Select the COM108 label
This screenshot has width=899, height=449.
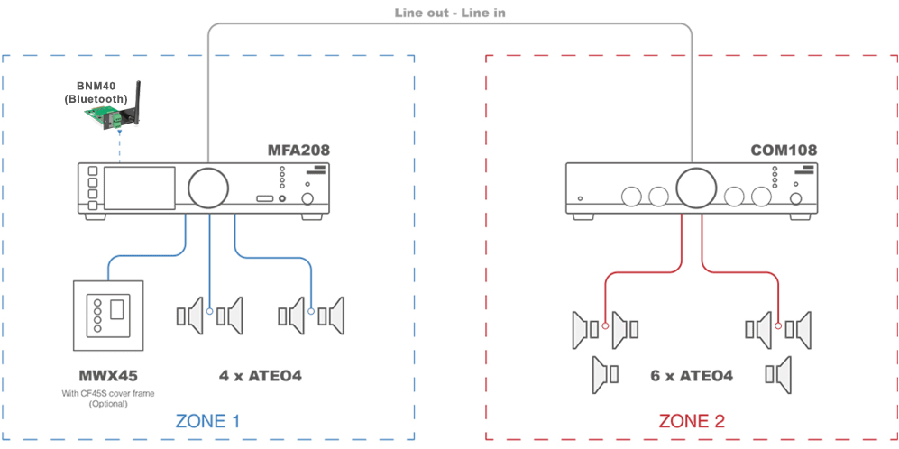782,150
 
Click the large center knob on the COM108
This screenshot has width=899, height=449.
694,188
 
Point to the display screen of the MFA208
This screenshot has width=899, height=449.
138,188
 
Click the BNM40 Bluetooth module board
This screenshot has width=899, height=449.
108,114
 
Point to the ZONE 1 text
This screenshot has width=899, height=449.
207,421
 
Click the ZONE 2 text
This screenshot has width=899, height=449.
692,421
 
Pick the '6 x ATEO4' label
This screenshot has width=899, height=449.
692,375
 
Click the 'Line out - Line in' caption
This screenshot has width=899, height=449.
450,13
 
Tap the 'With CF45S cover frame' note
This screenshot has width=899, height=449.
108,393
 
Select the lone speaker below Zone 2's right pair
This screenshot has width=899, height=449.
778,374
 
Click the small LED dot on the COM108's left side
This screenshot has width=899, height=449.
581,197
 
